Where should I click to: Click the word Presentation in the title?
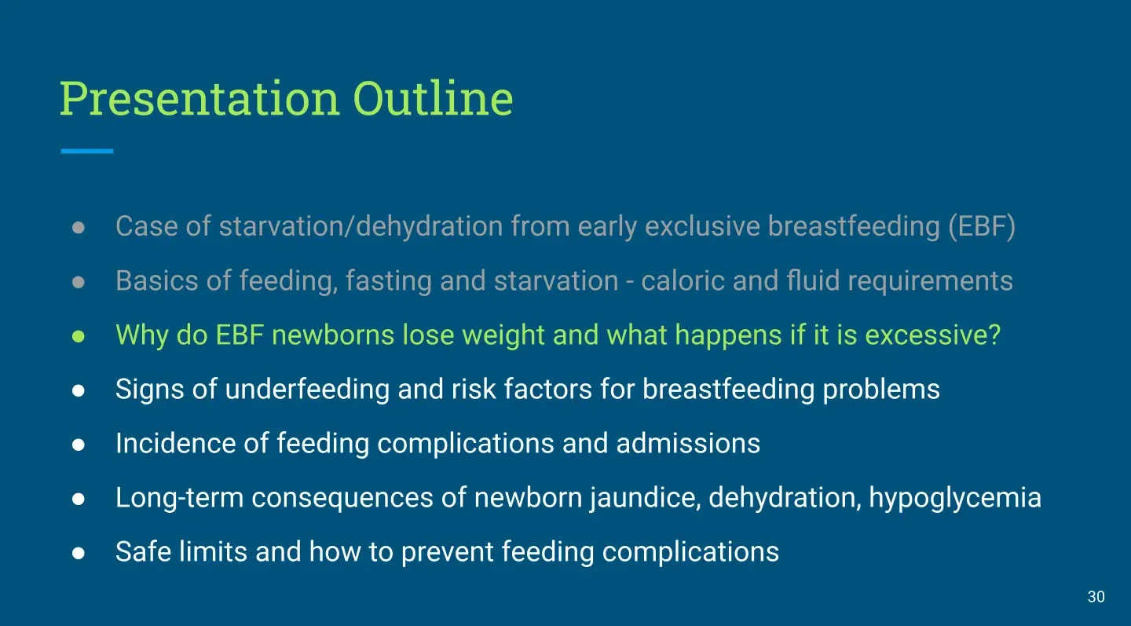pyautogui.click(x=200, y=98)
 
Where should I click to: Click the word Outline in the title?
pyautogui.click(x=433, y=98)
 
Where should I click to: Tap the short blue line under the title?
pyautogui.click(x=87, y=151)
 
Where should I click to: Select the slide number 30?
pyautogui.click(x=1096, y=597)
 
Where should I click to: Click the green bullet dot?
pyautogui.click(x=79, y=336)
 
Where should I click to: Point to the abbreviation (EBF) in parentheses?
pyautogui.click(x=982, y=226)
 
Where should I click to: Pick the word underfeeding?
pyautogui.click(x=307, y=390)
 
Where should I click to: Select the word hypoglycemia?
pyautogui.click(x=955, y=498)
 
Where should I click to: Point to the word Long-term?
pyautogui.click(x=179, y=498)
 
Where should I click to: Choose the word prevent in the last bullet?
pyautogui.click(x=447, y=552)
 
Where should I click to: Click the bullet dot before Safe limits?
pyautogui.click(x=79, y=553)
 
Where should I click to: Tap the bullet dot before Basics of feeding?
pyautogui.click(x=79, y=282)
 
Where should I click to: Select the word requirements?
pyautogui.click(x=930, y=282)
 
